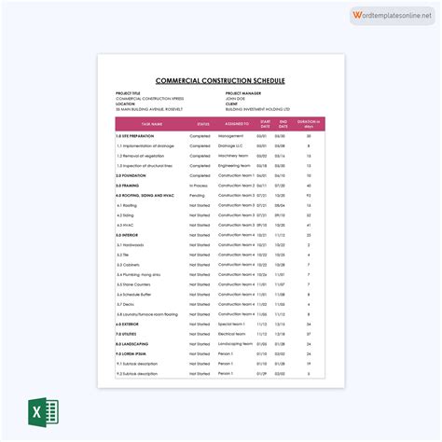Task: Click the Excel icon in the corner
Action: pos(41,411)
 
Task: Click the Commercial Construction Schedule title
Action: pos(221,80)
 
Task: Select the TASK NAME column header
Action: pos(149,123)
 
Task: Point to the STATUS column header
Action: pos(202,123)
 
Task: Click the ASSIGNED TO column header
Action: pos(238,123)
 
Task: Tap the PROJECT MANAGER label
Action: pos(245,93)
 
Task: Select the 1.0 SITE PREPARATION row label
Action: pos(138,136)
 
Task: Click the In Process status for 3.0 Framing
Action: pos(200,186)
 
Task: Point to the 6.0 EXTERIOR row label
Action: pos(131,324)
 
